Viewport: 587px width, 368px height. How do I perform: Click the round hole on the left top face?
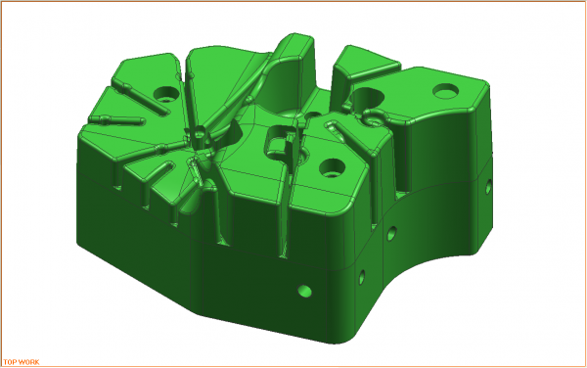click(167, 95)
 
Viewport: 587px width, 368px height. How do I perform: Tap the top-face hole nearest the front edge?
click(331, 165)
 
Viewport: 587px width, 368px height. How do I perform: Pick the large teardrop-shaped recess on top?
click(366, 98)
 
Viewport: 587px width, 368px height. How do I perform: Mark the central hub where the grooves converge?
click(200, 135)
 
